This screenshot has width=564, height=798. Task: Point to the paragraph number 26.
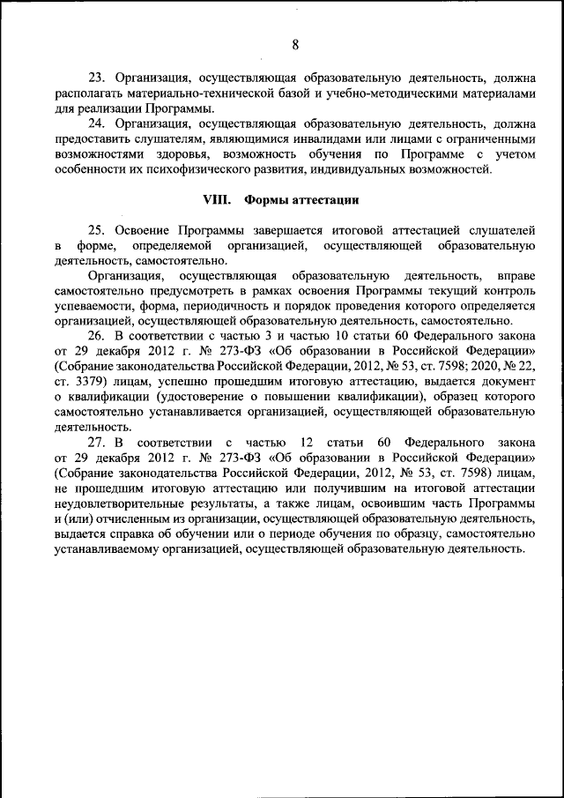(96, 336)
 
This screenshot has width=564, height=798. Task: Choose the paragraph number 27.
(96, 442)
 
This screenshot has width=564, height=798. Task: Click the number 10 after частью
(305, 336)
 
